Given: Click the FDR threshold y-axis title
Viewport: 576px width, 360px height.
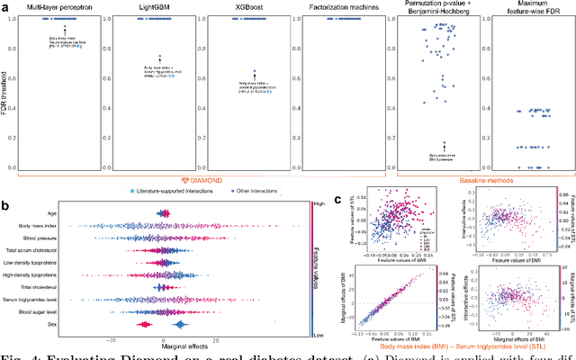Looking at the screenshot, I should (6, 91).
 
